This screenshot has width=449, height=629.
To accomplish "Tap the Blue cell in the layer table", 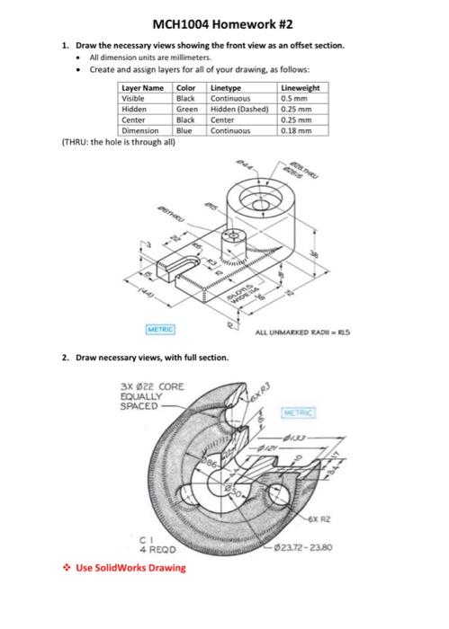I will [x=184, y=129].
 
